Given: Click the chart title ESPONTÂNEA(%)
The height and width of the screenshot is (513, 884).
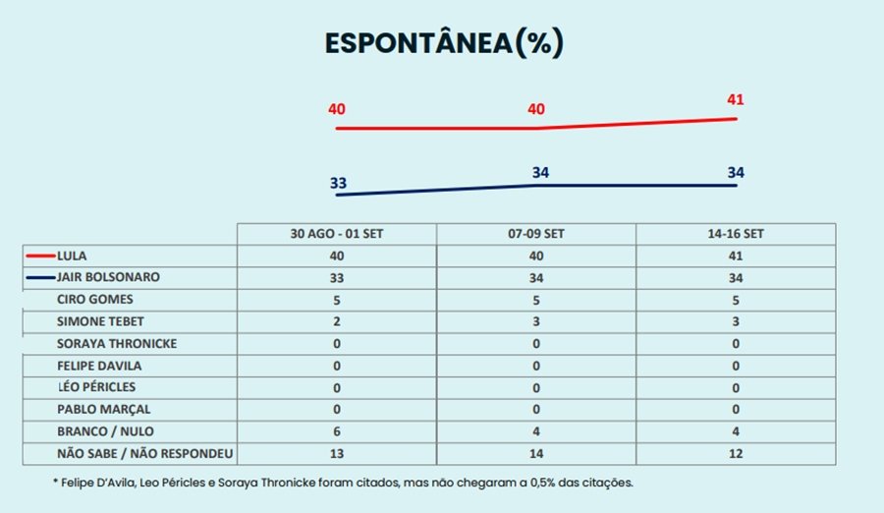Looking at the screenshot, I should pos(444,44).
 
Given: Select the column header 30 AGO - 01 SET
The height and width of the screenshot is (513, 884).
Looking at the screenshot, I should pos(336,234).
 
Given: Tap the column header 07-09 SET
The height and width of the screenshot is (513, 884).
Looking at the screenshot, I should pos(536,234).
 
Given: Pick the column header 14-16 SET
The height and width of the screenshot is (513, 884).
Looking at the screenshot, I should pos(736,234).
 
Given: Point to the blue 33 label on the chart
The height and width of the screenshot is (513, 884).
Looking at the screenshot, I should pos(337,183).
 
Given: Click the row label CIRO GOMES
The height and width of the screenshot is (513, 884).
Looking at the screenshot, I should pos(93,299).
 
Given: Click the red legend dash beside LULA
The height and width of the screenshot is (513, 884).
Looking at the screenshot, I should pos(40,256).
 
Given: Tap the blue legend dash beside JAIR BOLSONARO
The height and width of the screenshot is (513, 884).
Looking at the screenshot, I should pos(40,277).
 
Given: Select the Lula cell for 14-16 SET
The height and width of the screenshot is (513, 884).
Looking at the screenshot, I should pos(736,256).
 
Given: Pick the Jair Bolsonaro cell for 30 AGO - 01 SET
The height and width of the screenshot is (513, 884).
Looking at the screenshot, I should pos(336,278).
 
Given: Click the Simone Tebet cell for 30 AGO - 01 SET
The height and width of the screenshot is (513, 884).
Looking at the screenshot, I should pos(336,321).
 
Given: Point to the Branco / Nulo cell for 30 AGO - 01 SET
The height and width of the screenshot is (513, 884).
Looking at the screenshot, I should pos(336,431).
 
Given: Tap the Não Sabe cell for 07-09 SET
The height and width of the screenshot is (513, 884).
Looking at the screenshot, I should pos(536,453).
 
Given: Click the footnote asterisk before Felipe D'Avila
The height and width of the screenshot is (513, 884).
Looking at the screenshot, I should pos(56,483).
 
